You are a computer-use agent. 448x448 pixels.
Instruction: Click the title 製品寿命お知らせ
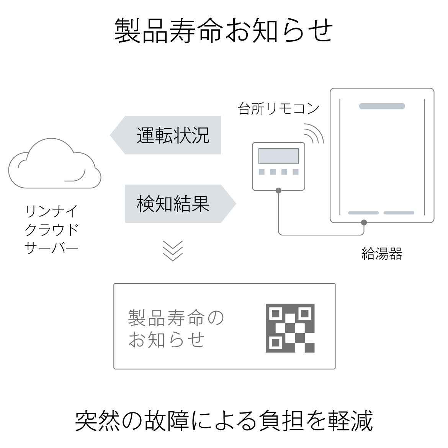(224, 31)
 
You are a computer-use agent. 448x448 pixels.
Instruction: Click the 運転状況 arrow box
(165, 135)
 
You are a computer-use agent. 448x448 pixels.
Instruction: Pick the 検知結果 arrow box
(181, 204)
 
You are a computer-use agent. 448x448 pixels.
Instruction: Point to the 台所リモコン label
(278, 109)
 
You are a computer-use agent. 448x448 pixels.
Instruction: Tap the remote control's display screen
(279, 156)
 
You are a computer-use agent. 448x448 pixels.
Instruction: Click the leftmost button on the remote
(262, 172)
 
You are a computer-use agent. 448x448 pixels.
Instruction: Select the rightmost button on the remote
(296, 172)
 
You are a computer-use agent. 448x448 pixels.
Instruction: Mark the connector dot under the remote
(279, 191)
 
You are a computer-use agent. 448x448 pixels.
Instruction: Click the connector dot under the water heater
(364, 222)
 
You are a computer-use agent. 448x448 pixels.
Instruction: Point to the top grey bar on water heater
(382, 106)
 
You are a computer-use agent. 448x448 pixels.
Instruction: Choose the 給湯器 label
(382, 254)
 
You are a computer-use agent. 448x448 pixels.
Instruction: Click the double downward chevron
(173, 251)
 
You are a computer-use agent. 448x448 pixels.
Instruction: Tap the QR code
(290, 328)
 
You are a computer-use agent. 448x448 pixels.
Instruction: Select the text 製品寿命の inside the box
(176, 318)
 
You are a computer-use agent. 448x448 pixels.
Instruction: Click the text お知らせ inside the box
(167, 339)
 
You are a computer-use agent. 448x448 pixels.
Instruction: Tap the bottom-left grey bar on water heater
(363, 213)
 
